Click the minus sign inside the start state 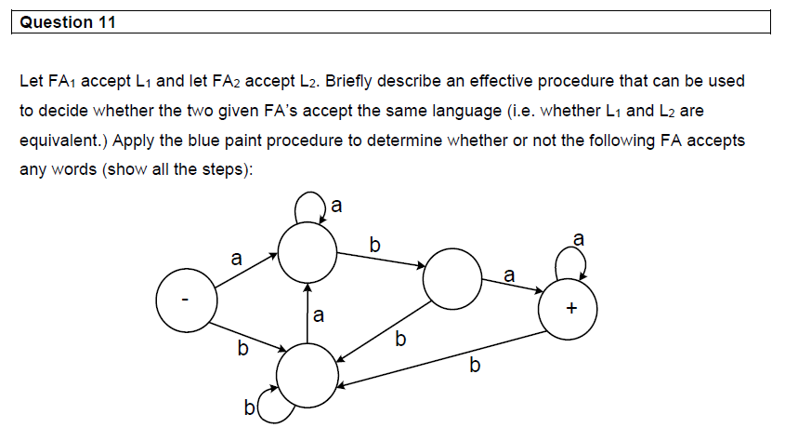(186, 300)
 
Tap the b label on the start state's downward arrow (242, 350)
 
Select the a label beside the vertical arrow (319, 316)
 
